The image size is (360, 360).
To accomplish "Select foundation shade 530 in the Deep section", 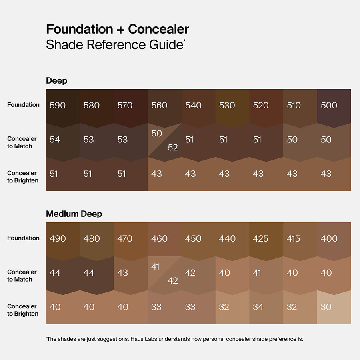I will tap(227, 106).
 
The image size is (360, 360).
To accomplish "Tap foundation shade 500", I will tap(329, 106).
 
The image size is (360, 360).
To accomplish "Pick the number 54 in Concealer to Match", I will tap(55, 140).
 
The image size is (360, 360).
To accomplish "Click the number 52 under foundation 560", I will tap(173, 148).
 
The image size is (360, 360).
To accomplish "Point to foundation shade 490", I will tap(58, 239).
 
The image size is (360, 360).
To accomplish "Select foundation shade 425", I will tap(261, 239).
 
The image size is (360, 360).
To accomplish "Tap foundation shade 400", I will tap(329, 239).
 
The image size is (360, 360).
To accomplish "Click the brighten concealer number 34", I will tap(258, 307).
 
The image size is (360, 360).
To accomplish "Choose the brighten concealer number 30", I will tap(326, 307).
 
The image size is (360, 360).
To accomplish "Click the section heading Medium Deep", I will tap(74, 214).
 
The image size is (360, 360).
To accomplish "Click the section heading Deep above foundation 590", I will tap(56, 81).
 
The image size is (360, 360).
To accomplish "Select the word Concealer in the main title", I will tap(158, 29).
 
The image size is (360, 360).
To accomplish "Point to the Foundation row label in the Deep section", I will tap(23, 105).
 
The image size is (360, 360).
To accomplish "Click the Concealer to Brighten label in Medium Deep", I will tap(23, 310).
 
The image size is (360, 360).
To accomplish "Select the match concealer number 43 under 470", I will tap(122, 273).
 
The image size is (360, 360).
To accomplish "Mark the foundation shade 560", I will tap(159, 106).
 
